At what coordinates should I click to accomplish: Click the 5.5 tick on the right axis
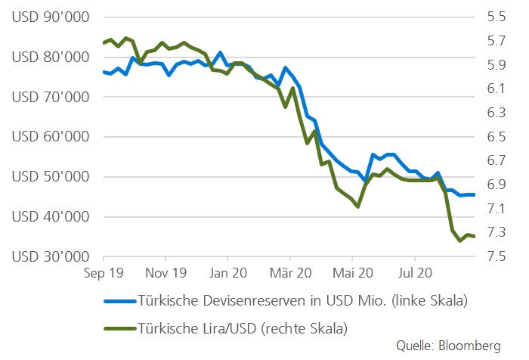pyautogui.click(x=497, y=17)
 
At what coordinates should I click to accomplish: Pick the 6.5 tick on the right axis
pyautogui.click(x=497, y=137)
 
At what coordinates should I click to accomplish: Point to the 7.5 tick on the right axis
pyautogui.click(x=497, y=257)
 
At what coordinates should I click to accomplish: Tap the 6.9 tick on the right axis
pyautogui.click(x=497, y=185)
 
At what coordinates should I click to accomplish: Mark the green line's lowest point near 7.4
pyautogui.click(x=460, y=241)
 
